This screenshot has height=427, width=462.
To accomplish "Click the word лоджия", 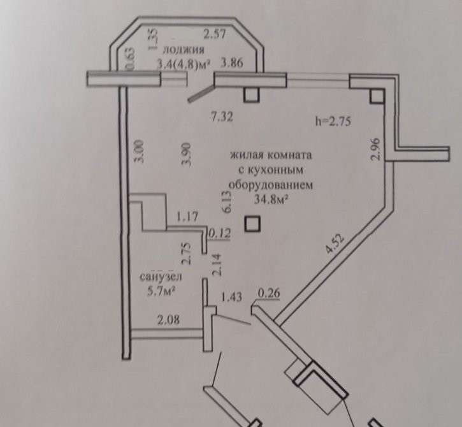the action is (184, 50).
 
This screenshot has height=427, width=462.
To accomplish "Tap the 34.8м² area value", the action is (271, 199).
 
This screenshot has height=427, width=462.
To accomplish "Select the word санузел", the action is (161, 277).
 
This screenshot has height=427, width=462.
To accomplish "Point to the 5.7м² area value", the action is (161, 292).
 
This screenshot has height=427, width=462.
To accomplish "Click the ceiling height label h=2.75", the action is (333, 121).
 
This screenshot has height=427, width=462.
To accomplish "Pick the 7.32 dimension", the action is (222, 117).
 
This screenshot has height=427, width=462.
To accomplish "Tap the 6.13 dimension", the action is (227, 202).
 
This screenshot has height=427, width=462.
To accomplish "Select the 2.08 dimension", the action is (168, 319).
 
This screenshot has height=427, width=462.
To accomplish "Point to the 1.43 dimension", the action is (231, 297).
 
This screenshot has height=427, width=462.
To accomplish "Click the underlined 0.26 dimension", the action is (269, 293).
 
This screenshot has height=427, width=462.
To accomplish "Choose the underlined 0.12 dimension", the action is (219, 234).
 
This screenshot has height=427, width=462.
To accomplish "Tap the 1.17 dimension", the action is (187, 217).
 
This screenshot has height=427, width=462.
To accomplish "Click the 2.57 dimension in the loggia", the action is (215, 34).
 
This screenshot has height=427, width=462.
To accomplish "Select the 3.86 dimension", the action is (232, 62).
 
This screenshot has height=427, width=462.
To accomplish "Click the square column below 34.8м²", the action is (253, 224).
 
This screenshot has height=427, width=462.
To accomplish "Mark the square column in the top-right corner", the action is (377, 96).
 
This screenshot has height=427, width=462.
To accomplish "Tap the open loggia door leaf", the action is (201, 94).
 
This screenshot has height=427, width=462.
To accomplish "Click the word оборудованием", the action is (271, 185).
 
